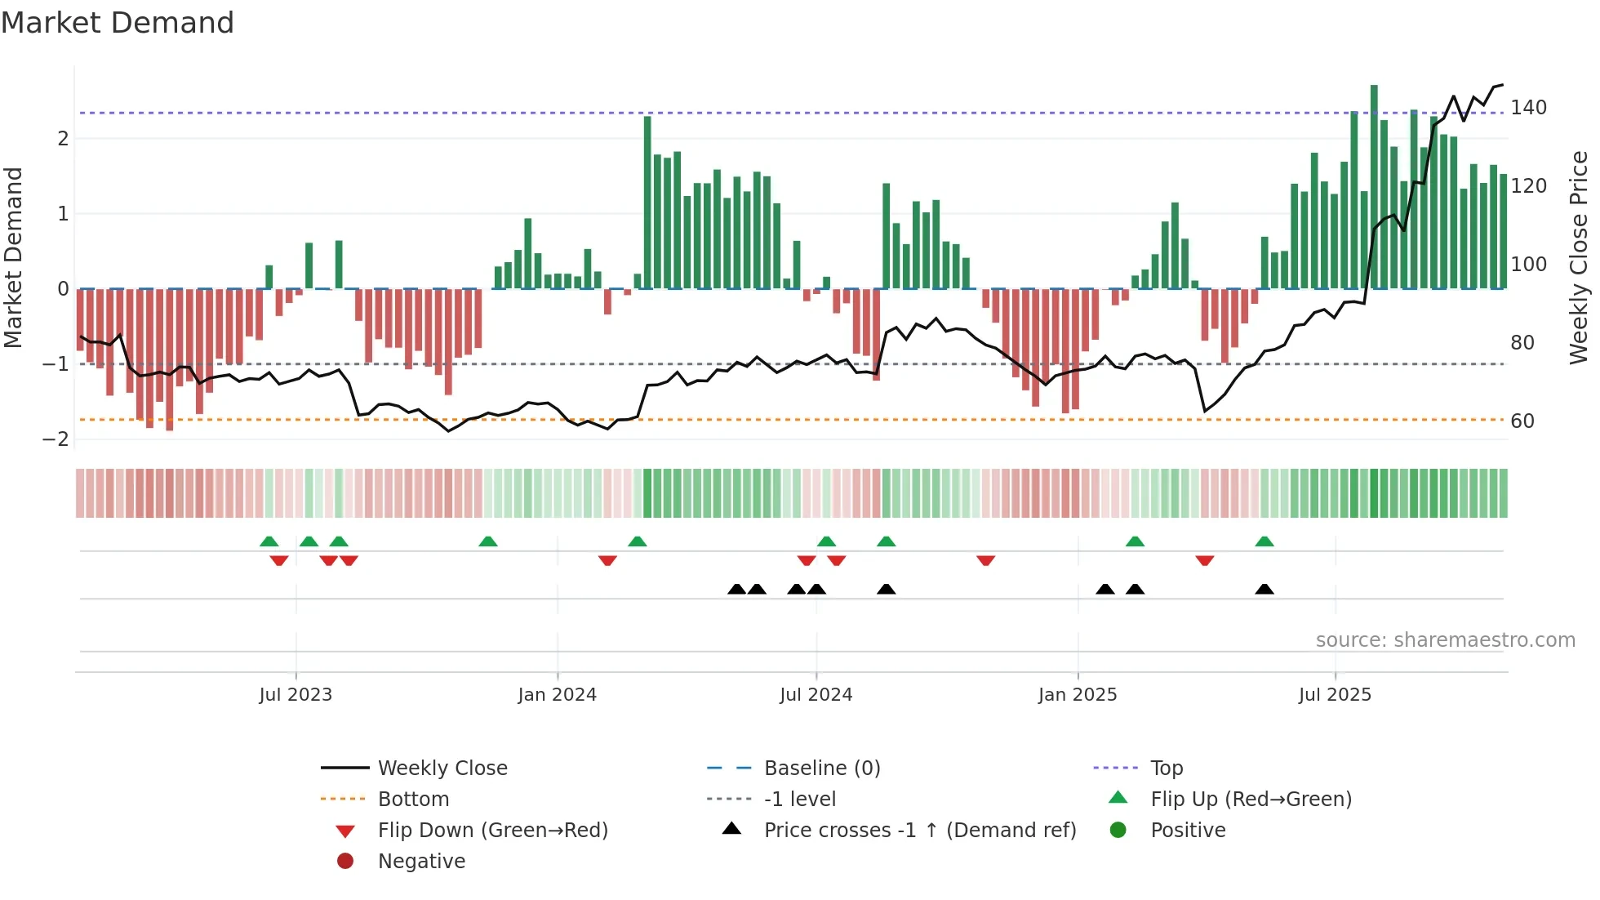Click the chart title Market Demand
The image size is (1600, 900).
click(118, 23)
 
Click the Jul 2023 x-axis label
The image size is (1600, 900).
click(296, 695)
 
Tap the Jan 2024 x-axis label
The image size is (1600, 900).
click(557, 695)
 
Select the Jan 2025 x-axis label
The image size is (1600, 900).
click(1077, 695)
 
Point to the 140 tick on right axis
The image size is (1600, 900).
click(1528, 108)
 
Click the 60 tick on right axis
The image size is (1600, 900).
click(1522, 421)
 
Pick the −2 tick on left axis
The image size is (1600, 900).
click(56, 439)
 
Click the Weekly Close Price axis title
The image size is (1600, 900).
click(1579, 257)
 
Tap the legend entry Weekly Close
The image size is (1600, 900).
click(442, 769)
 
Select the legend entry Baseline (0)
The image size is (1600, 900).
click(821, 769)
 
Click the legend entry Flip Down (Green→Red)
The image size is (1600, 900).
click(492, 831)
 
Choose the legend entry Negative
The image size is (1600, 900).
click(421, 862)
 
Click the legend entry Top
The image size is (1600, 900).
click(1166, 769)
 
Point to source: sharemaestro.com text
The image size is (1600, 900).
click(1445, 640)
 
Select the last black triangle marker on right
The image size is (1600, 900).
click(1264, 590)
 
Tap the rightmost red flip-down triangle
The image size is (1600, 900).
click(1205, 560)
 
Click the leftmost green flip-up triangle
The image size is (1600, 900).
click(269, 541)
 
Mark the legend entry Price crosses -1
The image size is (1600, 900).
click(919, 831)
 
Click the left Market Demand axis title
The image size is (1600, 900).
click(13, 257)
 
